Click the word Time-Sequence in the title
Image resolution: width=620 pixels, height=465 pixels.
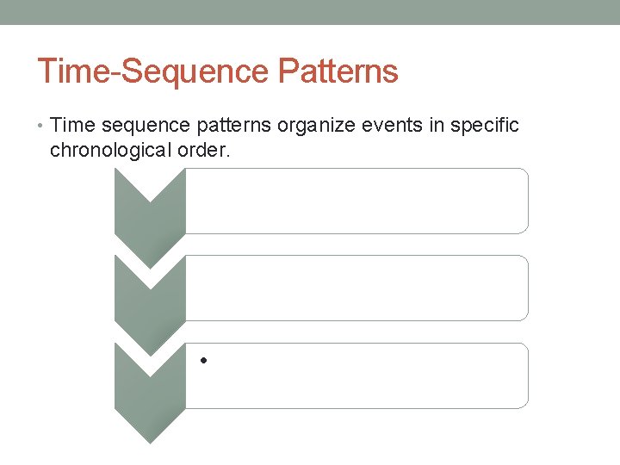(155, 71)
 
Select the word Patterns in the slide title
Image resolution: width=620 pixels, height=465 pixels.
(339, 71)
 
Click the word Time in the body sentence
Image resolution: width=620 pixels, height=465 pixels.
(72, 126)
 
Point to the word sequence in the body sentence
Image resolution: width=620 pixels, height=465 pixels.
(144, 126)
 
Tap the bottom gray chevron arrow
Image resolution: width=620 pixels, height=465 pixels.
(150, 387)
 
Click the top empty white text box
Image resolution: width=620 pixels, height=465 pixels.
(356, 201)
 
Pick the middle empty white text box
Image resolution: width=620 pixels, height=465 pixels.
(356, 288)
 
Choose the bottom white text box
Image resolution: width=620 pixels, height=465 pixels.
(356, 375)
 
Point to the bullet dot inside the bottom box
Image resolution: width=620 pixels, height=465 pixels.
(201, 360)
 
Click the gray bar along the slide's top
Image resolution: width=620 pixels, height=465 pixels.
(310, 12)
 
